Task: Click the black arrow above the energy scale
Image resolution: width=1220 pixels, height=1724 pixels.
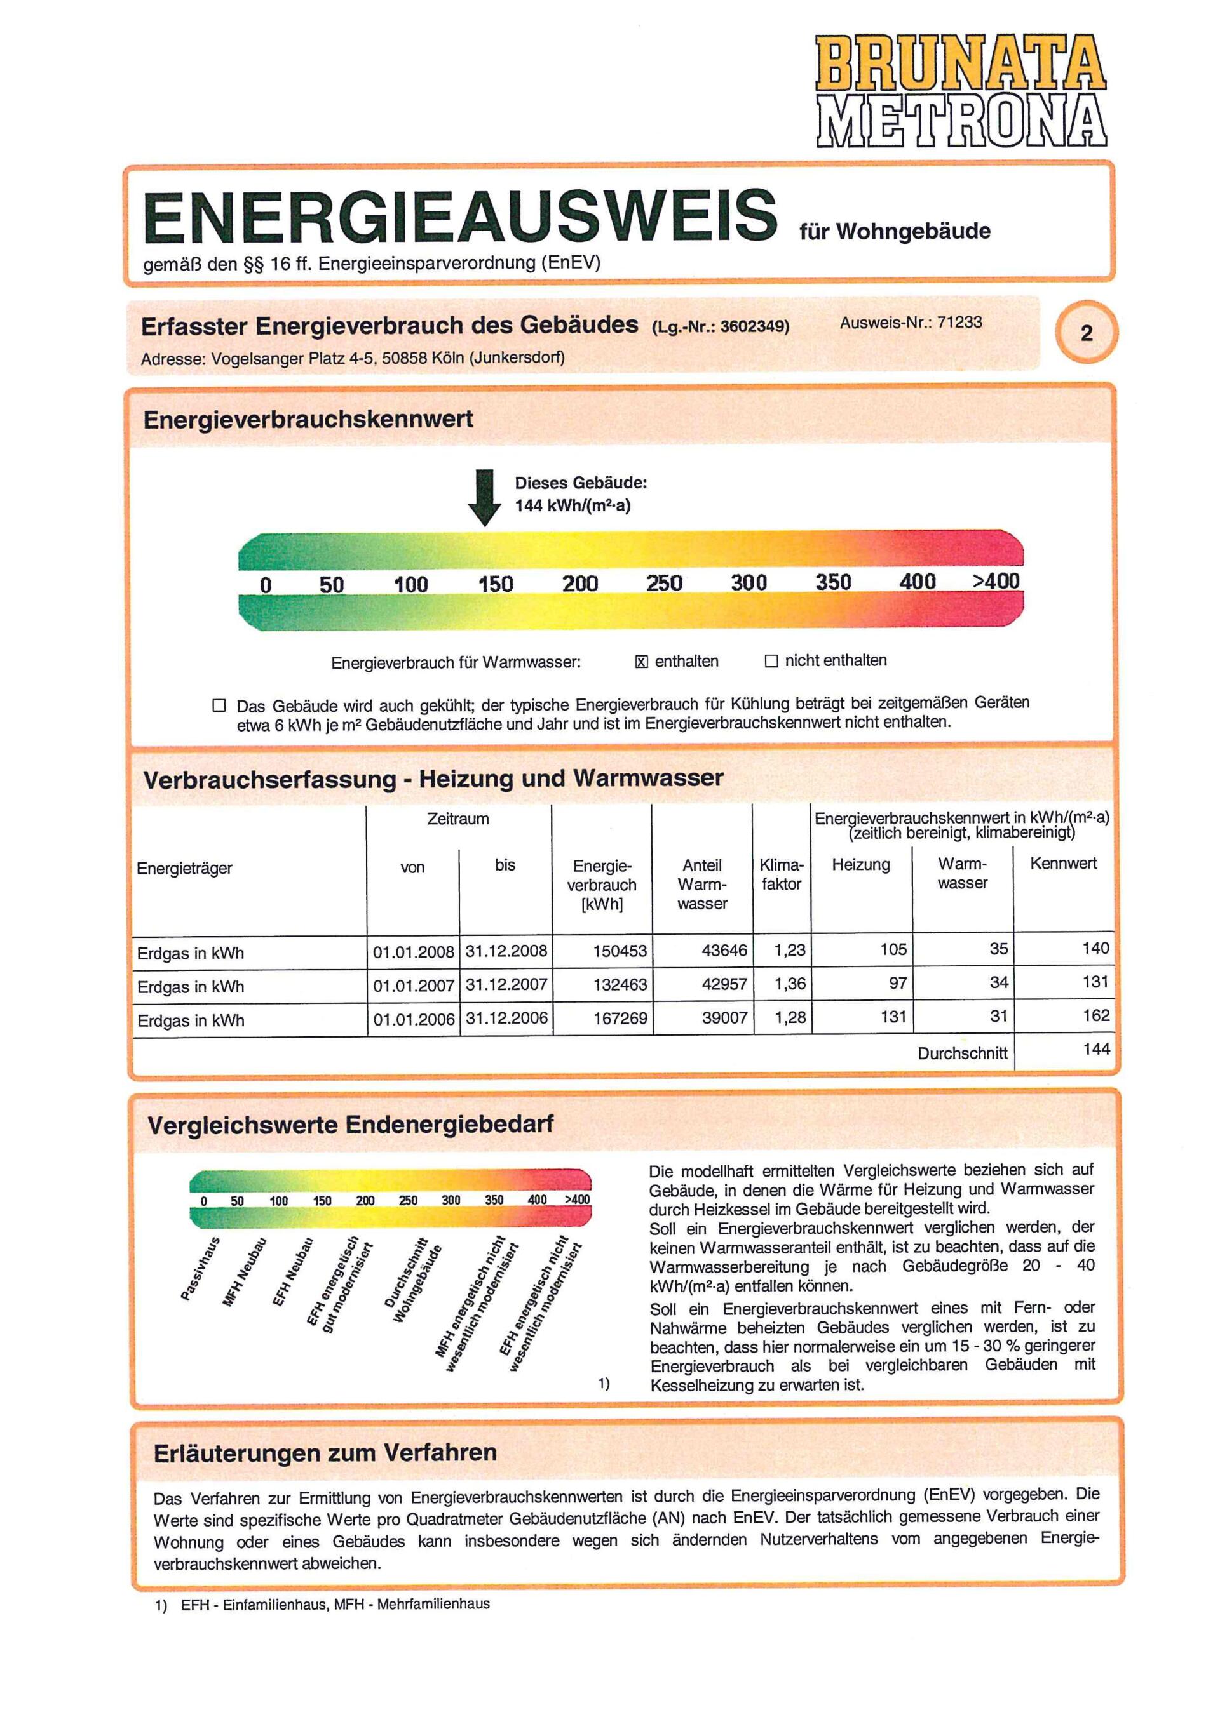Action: click(x=485, y=498)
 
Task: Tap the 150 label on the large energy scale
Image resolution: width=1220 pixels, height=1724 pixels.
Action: click(x=496, y=584)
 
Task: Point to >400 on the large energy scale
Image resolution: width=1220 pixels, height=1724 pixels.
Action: click(x=996, y=580)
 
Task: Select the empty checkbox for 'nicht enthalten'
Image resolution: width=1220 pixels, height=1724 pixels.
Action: click(x=771, y=661)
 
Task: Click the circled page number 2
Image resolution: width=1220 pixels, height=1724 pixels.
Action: click(x=1087, y=333)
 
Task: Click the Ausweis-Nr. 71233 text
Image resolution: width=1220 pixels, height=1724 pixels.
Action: click(x=911, y=322)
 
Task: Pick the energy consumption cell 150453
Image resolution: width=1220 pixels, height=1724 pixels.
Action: click(x=620, y=951)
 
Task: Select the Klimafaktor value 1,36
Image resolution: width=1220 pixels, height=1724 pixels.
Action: click(x=790, y=983)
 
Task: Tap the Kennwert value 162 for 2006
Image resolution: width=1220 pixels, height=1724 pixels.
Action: click(x=1095, y=1015)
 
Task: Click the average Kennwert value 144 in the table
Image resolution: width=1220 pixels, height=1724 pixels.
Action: click(x=1096, y=1048)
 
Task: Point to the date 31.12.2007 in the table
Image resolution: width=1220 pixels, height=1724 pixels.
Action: click(x=506, y=984)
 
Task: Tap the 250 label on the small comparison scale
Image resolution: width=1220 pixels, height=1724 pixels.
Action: click(x=408, y=1201)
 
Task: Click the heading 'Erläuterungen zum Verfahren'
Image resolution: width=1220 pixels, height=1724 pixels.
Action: click(x=325, y=1452)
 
